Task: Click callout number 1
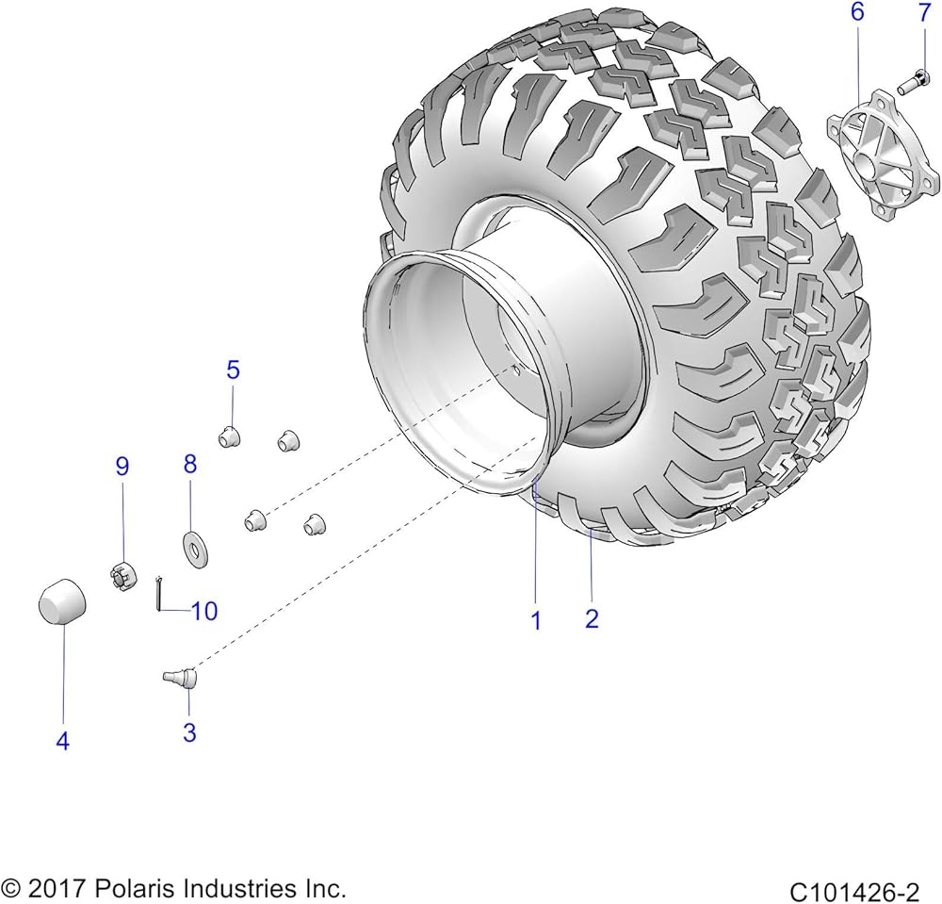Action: pyautogui.click(x=537, y=620)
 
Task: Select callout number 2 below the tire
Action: pyautogui.click(x=592, y=618)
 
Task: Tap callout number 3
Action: pyautogui.click(x=189, y=732)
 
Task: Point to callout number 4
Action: pyautogui.click(x=62, y=741)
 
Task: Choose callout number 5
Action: pyautogui.click(x=233, y=370)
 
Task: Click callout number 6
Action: pyautogui.click(x=857, y=11)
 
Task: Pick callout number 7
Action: pyautogui.click(x=925, y=11)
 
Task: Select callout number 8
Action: pyautogui.click(x=190, y=464)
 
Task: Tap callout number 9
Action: pyautogui.click(x=122, y=466)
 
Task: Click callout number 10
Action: pyautogui.click(x=204, y=611)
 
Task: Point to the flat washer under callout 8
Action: pyautogui.click(x=195, y=550)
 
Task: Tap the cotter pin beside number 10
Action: pyautogui.click(x=158, y=593)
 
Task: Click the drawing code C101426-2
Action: pyautogui.click(x=855, y=890)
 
